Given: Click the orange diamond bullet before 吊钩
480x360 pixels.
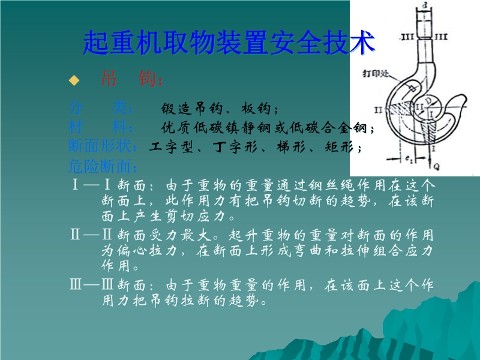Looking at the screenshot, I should (74, 80).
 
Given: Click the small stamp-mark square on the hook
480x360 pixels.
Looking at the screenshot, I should (414, 88).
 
